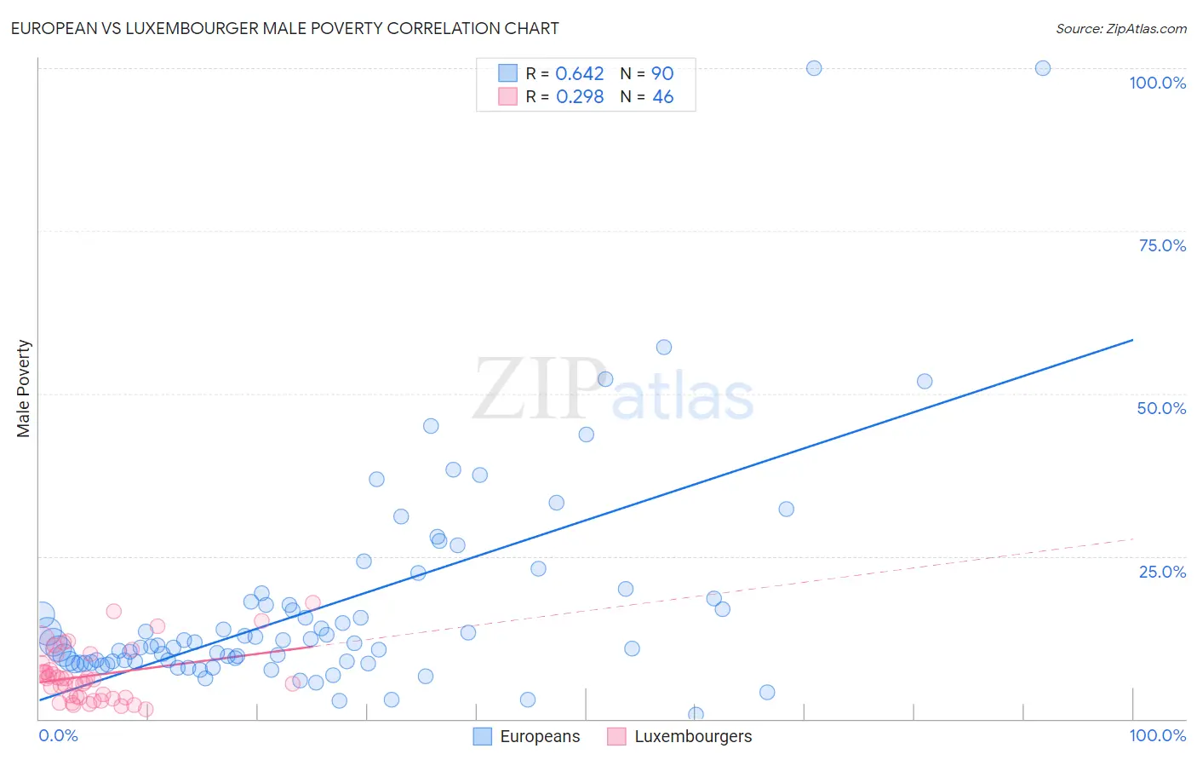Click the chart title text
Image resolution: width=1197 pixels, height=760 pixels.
click(284, 28)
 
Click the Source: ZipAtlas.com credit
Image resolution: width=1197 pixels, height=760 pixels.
click(1120, 28)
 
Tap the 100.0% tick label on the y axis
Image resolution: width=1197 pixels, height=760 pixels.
click(1157, 83)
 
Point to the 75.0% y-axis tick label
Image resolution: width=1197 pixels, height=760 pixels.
click(1162, 245)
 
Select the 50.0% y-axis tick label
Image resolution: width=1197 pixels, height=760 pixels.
click(1161, 408)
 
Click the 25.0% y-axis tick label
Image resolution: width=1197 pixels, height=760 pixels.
click(1162, 572)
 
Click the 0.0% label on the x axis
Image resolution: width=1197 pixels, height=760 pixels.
click(58, 735)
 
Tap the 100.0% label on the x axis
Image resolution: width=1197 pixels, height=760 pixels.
click(1157, 735)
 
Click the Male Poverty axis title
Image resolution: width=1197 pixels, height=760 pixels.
click(23, 389)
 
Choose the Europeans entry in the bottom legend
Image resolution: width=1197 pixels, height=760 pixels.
click(539, 736)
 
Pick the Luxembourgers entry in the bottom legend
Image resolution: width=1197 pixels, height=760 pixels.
click(692, 736)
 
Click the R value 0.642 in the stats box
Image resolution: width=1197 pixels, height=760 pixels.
click(579, 74)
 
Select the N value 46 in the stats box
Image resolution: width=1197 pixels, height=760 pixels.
click(662, 97)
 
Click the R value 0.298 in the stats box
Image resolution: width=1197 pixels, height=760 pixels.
click(579, 97)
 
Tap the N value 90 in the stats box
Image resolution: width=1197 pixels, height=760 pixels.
click(662, 74)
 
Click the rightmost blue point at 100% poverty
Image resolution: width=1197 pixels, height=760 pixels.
click(1042, 68)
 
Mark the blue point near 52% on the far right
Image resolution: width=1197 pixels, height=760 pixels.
click(925, 382)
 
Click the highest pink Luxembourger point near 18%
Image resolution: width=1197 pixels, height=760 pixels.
click(312, 602)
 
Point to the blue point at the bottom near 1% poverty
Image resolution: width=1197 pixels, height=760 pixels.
click(696, 714)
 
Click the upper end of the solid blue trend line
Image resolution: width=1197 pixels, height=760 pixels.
click(1132, 340)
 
